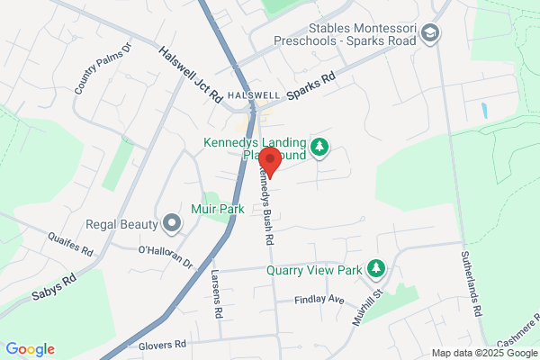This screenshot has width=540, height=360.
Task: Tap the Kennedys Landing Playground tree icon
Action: pyautogui.click(x=318, y=146)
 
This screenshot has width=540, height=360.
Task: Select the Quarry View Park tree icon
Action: pyautogui.click(x=377, y=269)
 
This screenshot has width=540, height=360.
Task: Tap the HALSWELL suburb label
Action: pyautogui.click(x=253, y=94)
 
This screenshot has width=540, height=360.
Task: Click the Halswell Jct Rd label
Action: pyautogui.click(x=190, y=74)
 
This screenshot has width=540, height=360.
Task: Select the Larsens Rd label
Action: pyautogui.click(x=217, y=296)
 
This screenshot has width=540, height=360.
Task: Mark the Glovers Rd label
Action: pyautogui.click(x=162, y=344)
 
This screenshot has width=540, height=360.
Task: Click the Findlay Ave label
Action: pyautogui.click(x=323, y=300)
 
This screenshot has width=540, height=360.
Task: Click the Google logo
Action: pyautogui.click(x=31, y=349)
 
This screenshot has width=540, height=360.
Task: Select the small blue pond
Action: pyautogui.click(x=485, y=112)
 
